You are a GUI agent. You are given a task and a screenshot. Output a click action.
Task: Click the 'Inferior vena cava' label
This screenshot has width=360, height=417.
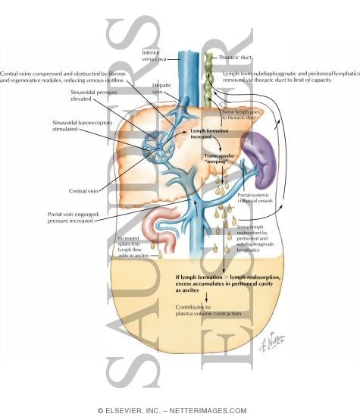(x=156, y=56)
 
